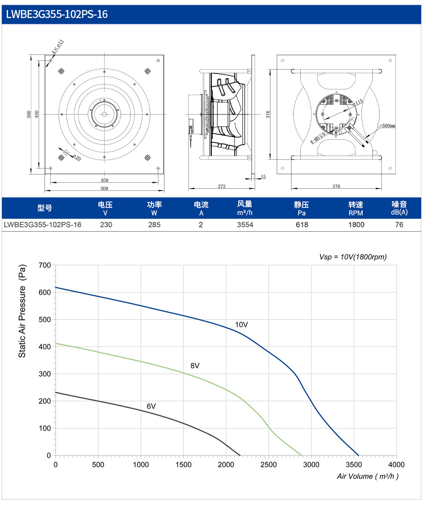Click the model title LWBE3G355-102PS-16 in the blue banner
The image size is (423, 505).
coord(57,14)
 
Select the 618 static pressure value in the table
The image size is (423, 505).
coord(302,225)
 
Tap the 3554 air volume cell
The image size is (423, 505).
coord(245,225)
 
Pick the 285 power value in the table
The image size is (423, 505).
coord(154,225)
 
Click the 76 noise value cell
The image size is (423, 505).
coord(399,225)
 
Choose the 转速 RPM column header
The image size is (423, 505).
coord(356,208)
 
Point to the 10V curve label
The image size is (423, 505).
coord(242,324)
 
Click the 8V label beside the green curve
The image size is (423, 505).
coord(195,366)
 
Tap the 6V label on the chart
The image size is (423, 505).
coord(151,406)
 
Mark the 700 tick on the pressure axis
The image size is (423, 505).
coord(45,265)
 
